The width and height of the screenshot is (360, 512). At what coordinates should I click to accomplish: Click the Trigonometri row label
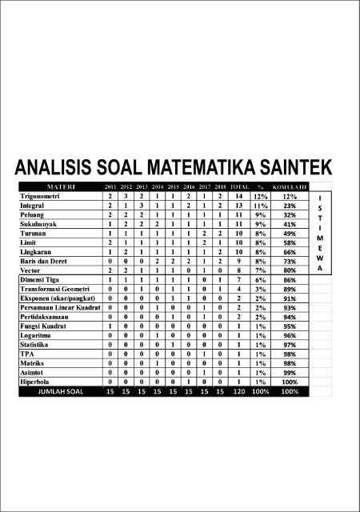pos(44,196)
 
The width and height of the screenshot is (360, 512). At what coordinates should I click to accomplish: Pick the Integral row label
pos(33,206)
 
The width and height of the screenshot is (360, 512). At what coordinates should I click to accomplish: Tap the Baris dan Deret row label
pos(48,261)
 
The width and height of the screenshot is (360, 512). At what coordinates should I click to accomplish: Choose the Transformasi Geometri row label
pos(55,289)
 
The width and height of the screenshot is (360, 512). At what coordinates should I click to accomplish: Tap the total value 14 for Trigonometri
pos(238,196)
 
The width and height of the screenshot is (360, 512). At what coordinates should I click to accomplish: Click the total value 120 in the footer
pos(238,392)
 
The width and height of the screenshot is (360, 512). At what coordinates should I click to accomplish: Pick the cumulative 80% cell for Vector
pos(290,270)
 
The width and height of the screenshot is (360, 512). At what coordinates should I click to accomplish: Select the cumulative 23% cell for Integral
pos(290,206)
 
